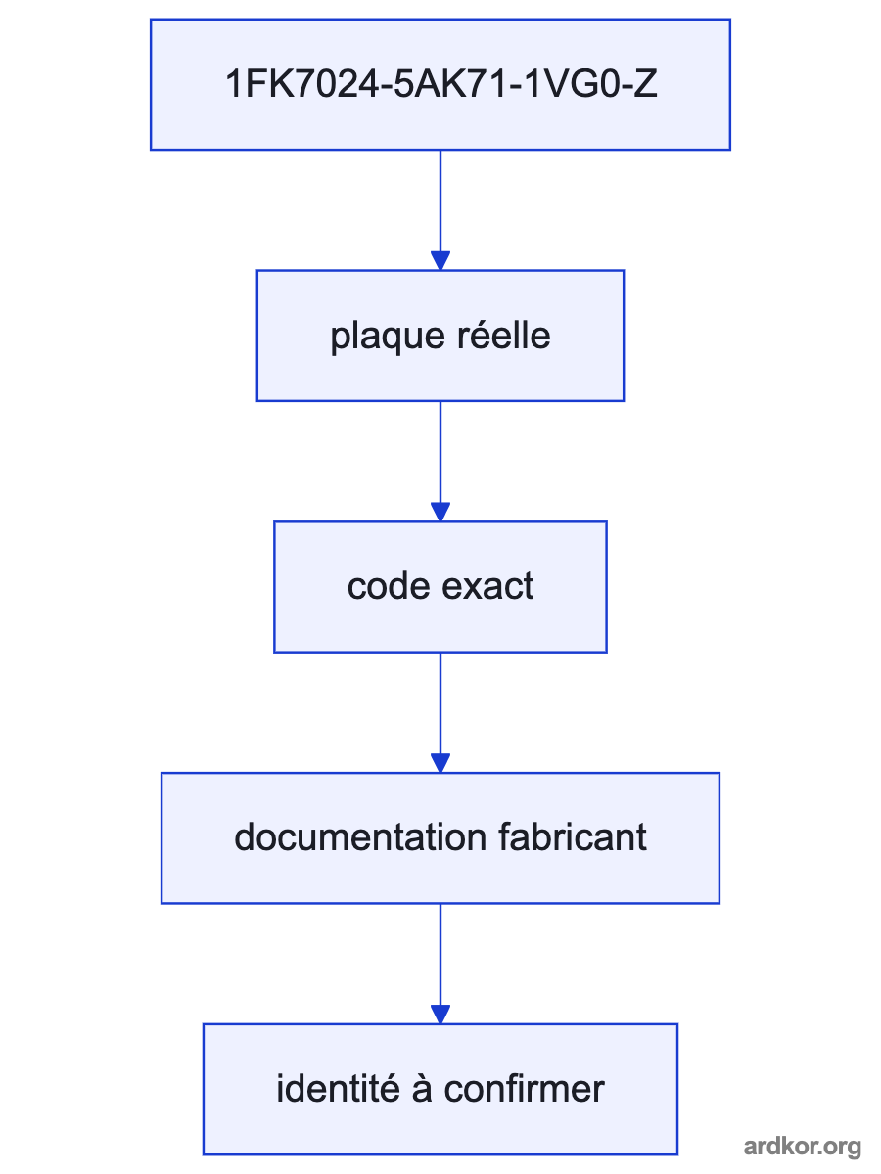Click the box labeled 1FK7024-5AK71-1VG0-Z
(440, 84)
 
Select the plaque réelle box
(440, 336)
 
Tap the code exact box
(440, 587)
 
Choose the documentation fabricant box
(440, 838)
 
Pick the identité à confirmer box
(440, 1090)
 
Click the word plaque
(388, 339)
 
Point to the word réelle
(504, 336)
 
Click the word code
(389, 586)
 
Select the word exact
(487, 587)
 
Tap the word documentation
(360, 837)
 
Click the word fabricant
(573, 837)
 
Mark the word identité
(338, 1089)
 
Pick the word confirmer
(525, 1089)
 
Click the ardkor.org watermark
(803, 1147)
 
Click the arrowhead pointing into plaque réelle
(440, 261)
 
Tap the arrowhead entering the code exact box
(440, 513)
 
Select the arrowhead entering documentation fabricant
(440, 764)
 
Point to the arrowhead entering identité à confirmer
(440, 1016)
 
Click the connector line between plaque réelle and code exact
(440, 453)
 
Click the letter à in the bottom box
(422, 1089)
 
